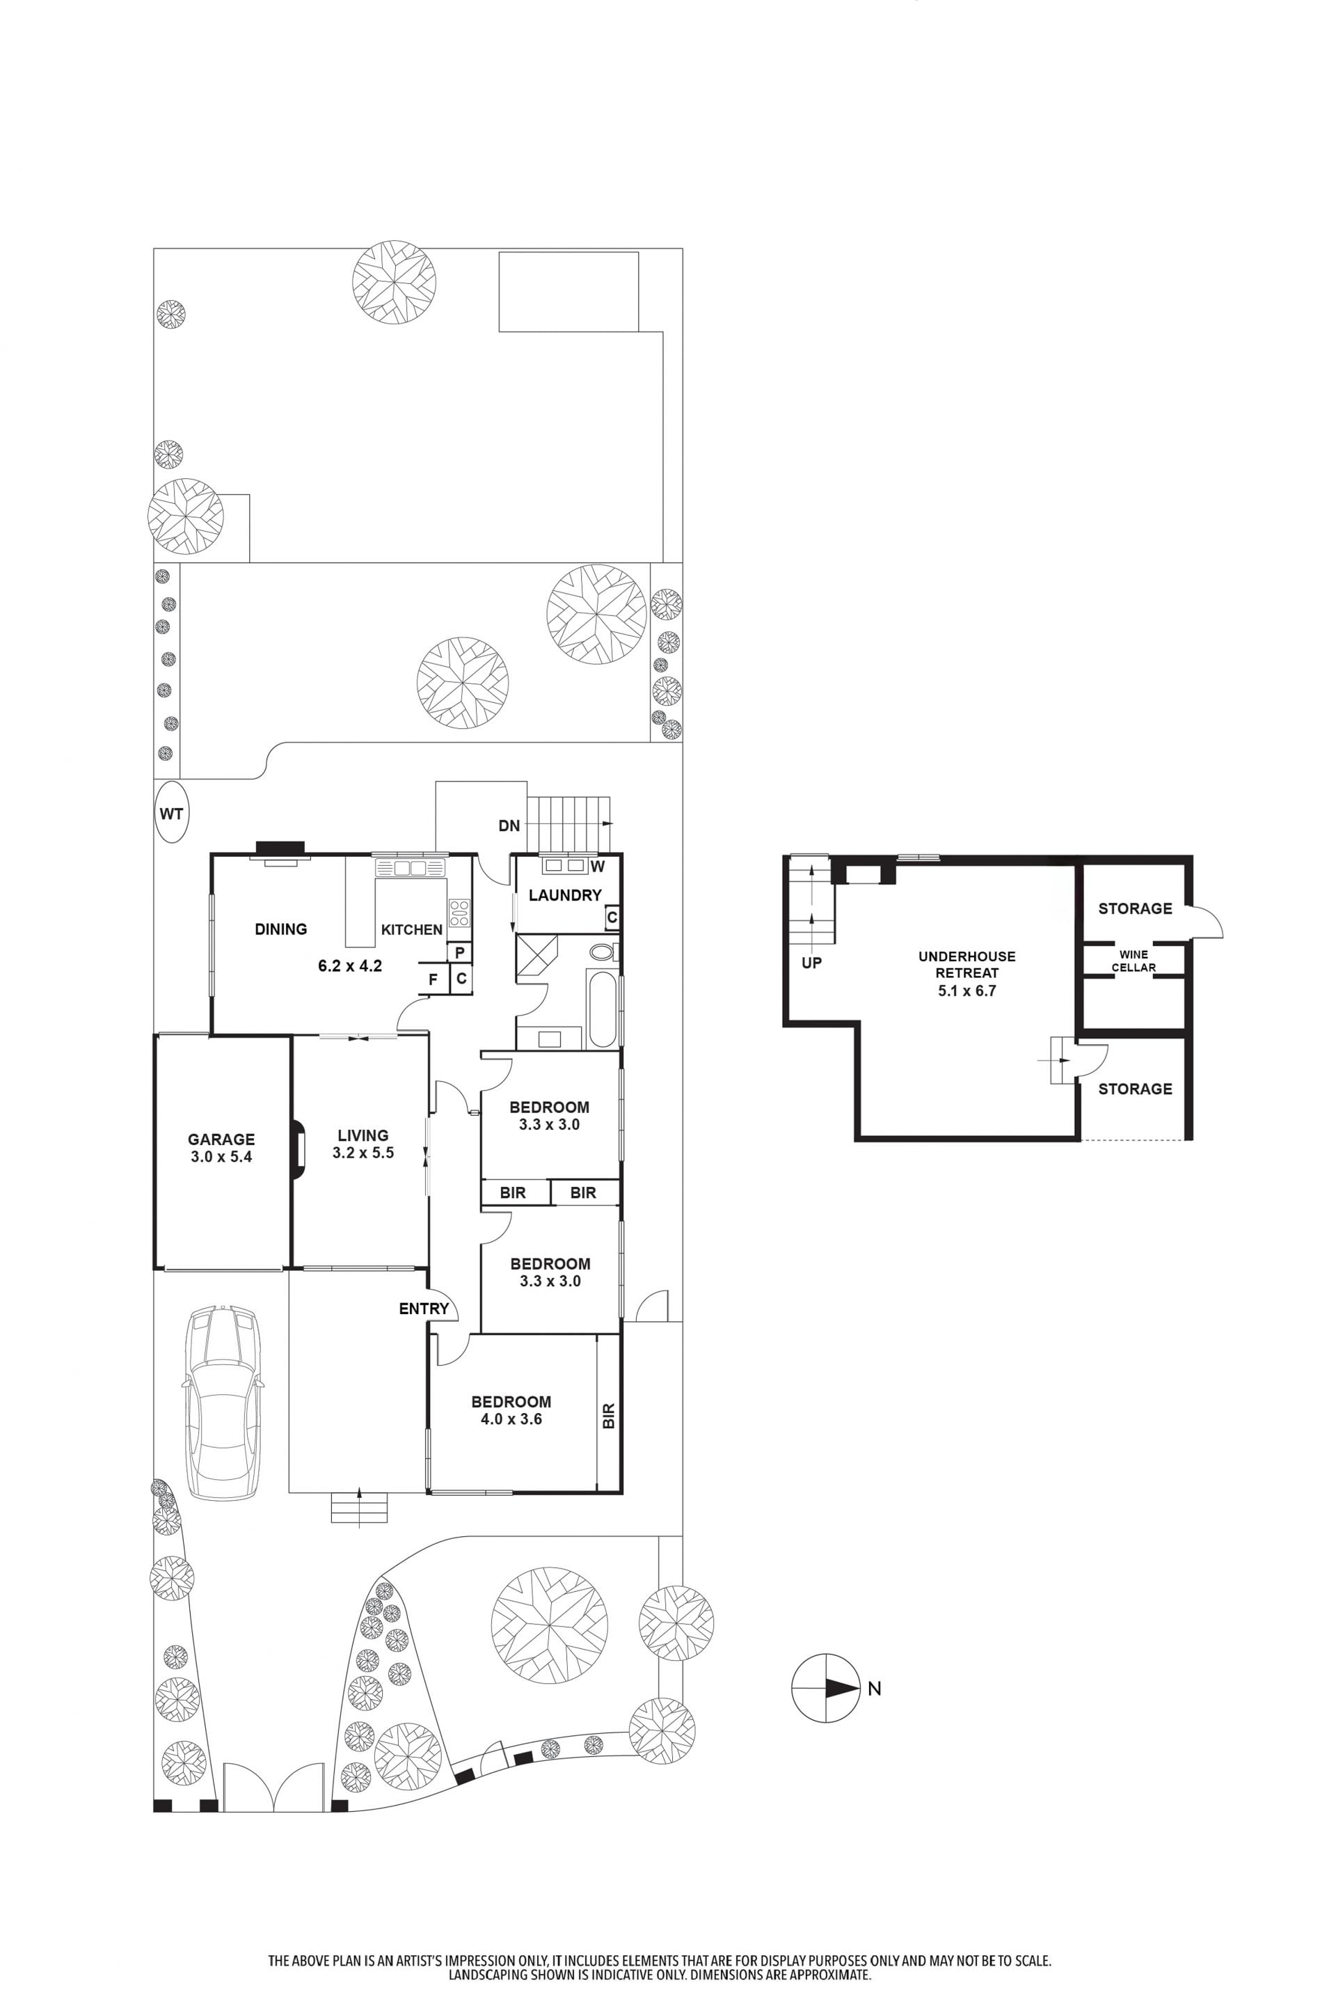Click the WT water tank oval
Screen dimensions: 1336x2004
pos(171,812)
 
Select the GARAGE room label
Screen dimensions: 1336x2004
pos(221,1139)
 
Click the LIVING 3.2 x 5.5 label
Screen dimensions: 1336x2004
pos(363,1144)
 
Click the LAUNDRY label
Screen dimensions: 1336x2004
pos(565,895)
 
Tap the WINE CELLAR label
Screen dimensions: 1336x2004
pos(1134,961)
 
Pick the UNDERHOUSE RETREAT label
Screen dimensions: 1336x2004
pos(967,964)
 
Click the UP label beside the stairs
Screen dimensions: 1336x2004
pos(811,963)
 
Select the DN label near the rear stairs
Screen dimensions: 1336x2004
pos(509,825)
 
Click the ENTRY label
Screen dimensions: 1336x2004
pos(424,1309)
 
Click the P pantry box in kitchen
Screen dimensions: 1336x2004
pos(460,952)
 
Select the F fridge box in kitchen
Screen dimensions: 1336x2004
pos(433,979)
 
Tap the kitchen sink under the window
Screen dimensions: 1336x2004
pos(410,868)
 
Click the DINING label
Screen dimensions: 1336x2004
pos(280,929)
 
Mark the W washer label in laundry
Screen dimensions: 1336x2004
pos(597,867)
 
